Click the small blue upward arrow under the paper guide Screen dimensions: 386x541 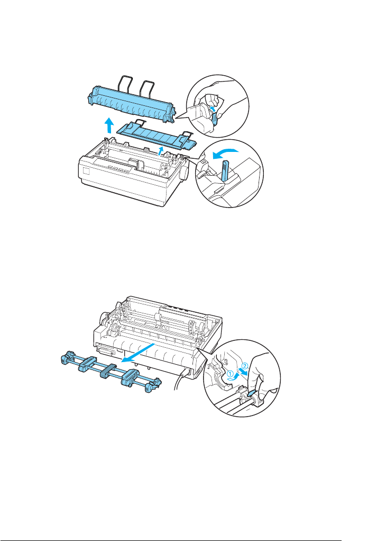tap(161, 151)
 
